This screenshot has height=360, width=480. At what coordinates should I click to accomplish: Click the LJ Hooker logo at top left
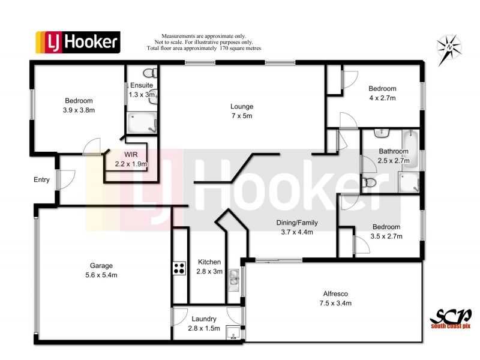(x=78, y=42)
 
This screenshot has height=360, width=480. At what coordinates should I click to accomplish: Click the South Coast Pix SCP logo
(x=451, y=317)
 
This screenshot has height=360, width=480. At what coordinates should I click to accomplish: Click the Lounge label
(x=242, y=107)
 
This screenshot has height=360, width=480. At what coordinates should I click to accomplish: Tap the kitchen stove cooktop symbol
(x=179, y=268)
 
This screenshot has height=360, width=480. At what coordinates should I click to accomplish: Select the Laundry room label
(x=204, y=319)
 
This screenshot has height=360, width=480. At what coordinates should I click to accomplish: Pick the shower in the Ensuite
(x=143, y=124)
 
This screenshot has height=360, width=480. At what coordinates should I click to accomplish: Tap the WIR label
(x=131, y=155)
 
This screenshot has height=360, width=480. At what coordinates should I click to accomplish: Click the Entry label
(x=42, y=179)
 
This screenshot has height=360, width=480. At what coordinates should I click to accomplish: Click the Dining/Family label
(x=297, y=223)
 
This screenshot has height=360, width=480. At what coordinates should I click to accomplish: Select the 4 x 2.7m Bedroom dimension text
(x=382, y=98)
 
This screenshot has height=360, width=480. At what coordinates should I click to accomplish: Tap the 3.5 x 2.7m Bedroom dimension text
(x=386, y=236)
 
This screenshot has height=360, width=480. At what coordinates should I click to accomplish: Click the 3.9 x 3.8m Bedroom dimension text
(x=79, y=110)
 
